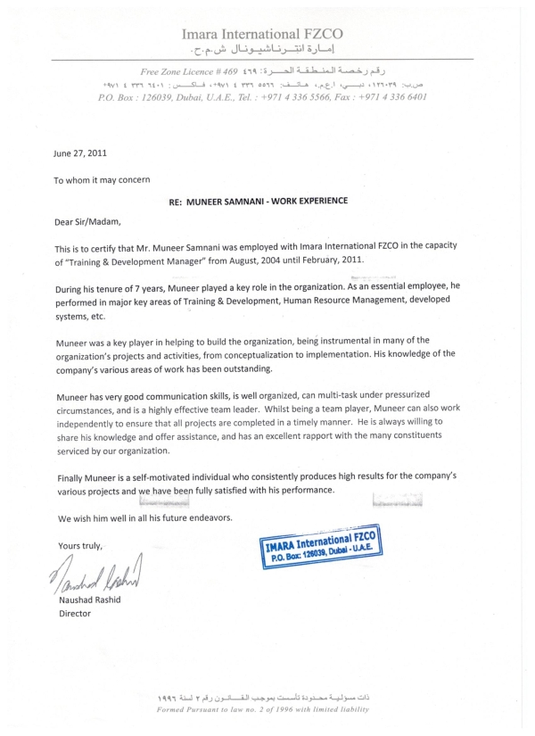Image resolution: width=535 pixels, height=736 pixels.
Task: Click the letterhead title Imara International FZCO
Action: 262,34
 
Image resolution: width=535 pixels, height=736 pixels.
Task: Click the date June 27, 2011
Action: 80,153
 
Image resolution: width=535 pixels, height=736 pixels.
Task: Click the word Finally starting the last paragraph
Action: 68,477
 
